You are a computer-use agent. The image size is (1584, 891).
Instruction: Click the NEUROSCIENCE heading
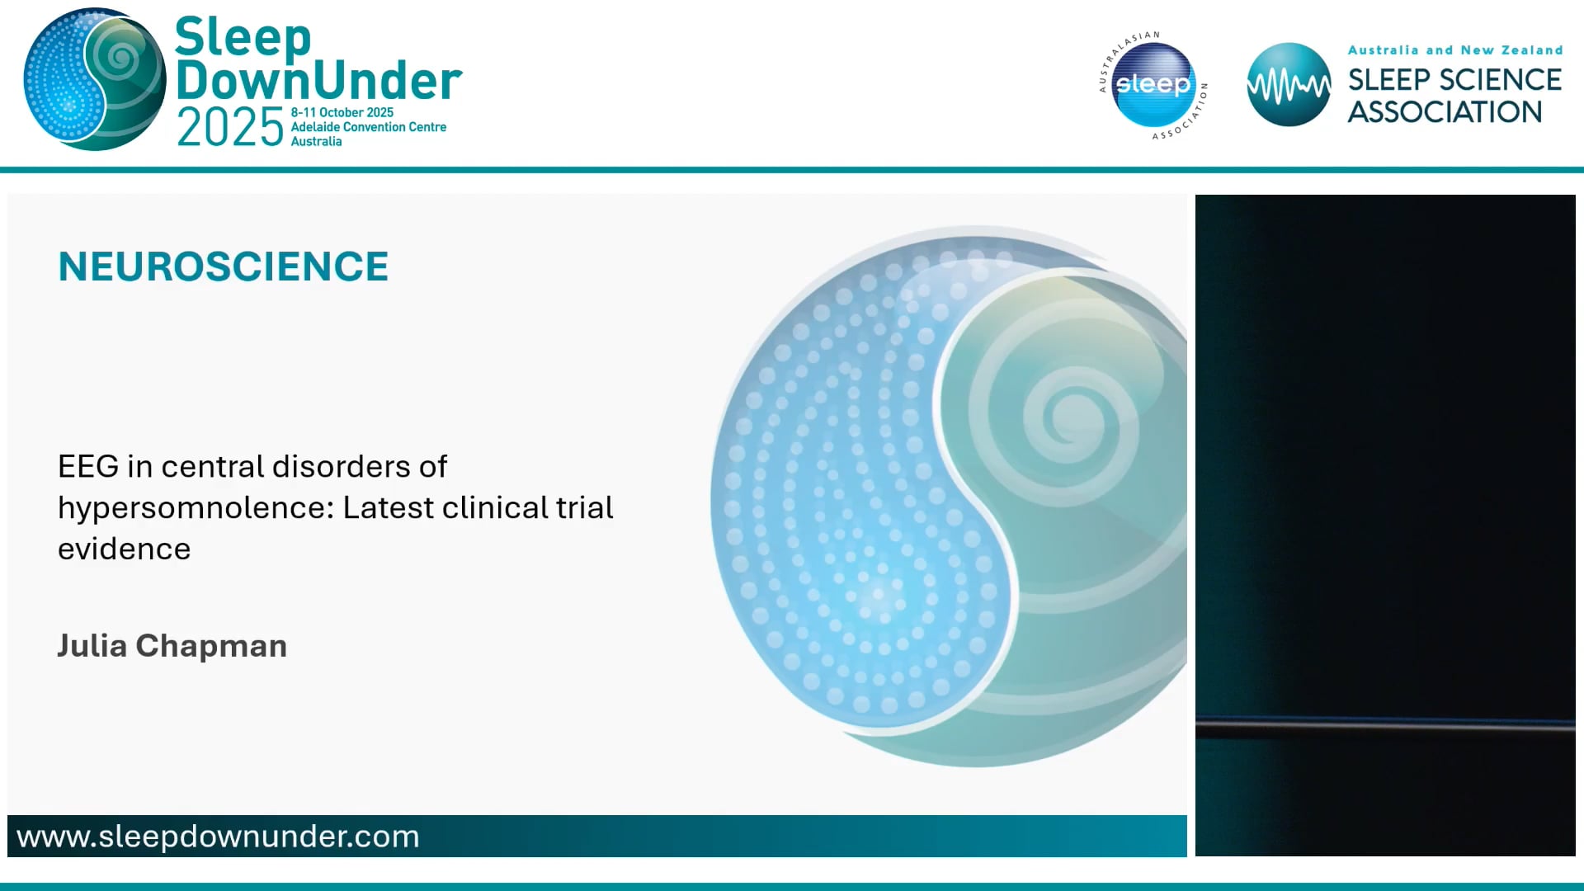click(223, 266)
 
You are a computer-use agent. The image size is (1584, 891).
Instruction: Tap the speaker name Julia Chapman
click(172, 646)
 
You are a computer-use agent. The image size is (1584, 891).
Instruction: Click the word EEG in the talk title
click(88, 467)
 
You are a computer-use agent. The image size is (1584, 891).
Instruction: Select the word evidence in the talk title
click(124, 549)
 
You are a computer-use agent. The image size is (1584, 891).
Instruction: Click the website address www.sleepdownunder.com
click(218, 837)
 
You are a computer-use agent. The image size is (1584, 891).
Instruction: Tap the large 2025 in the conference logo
click(230, 128)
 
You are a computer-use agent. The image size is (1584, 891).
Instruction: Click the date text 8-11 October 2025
click(342, 112)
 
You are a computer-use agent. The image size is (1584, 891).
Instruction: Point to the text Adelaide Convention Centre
click(368, 127)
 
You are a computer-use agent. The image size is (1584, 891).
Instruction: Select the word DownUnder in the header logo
click(318, 81)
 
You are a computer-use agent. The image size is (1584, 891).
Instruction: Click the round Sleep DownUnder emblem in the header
click(94, 79)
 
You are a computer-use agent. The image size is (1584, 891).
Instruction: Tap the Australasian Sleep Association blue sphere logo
click(1153, 84)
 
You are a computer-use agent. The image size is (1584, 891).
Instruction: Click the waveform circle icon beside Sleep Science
click(1288, 85)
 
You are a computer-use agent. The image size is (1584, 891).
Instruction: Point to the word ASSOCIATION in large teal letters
click(1445, 112)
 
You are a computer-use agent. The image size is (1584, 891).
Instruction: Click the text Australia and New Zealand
click(1454, 50)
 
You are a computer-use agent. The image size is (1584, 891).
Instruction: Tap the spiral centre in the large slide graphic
click(1072, 412)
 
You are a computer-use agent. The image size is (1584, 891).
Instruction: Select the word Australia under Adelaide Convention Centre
click(316, 142)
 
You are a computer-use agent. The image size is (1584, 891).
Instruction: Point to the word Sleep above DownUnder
click(243, 38)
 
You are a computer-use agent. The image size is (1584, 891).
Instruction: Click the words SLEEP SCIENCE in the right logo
click(1454, 80)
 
